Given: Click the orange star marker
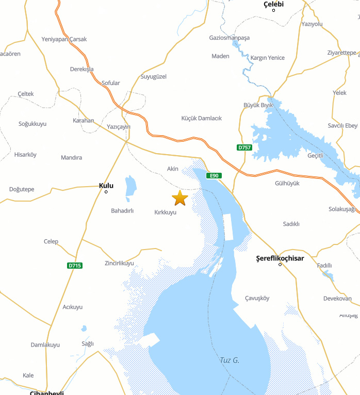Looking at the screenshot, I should click(180, 197).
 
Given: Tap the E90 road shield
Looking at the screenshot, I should click(214, 176).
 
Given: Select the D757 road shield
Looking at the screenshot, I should click(244, 147).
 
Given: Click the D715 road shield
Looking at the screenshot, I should click(75, 266).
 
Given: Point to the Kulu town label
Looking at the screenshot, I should click(106, 186).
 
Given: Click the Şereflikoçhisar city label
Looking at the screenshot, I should click(280, 258).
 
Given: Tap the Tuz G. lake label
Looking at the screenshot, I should click(230, 360).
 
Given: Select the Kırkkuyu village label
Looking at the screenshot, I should click(166, 212).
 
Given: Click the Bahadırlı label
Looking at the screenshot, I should click(123, 211).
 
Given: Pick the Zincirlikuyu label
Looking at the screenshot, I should click(119, 263).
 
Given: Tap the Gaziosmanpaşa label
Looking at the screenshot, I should click(230, 38).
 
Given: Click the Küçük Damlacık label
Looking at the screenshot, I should click(202, 118).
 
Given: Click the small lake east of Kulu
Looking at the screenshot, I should click(130, 188).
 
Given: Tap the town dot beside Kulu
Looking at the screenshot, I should click(106, 192).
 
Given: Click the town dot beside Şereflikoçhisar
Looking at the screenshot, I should click(280, 265).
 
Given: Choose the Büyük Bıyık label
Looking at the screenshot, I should click(258, 105).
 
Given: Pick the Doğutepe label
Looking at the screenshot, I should click(22, 189).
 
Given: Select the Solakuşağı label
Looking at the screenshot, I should click(342, 209).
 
